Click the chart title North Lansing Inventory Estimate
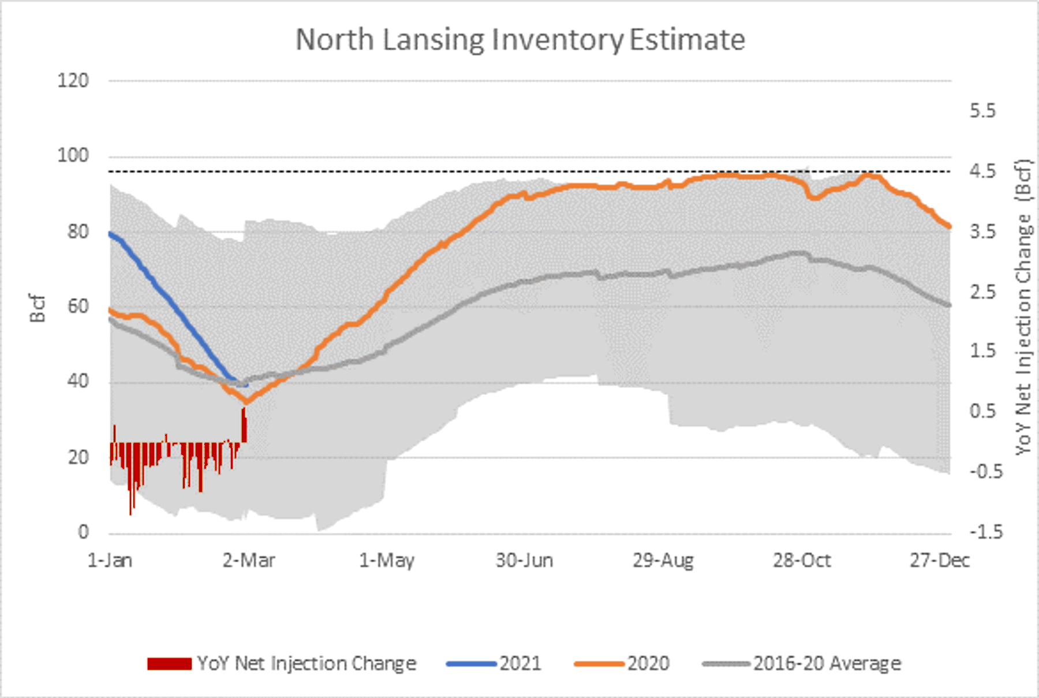point(520,40)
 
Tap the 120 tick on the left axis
point(73,81)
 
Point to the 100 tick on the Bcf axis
point(73,156)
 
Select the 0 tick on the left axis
point(84,532)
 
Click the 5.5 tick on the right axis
point(982,111)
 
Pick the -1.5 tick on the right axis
point(986,532)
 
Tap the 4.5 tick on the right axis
point(982,171)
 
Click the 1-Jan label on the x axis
point(110,561)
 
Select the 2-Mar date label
point(249,561)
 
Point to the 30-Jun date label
point(524,561)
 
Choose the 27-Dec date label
point(940,561)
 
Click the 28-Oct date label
point(802,561)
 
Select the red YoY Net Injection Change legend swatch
point(169,664)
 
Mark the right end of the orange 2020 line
point(949,226)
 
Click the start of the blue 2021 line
point(110,233)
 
